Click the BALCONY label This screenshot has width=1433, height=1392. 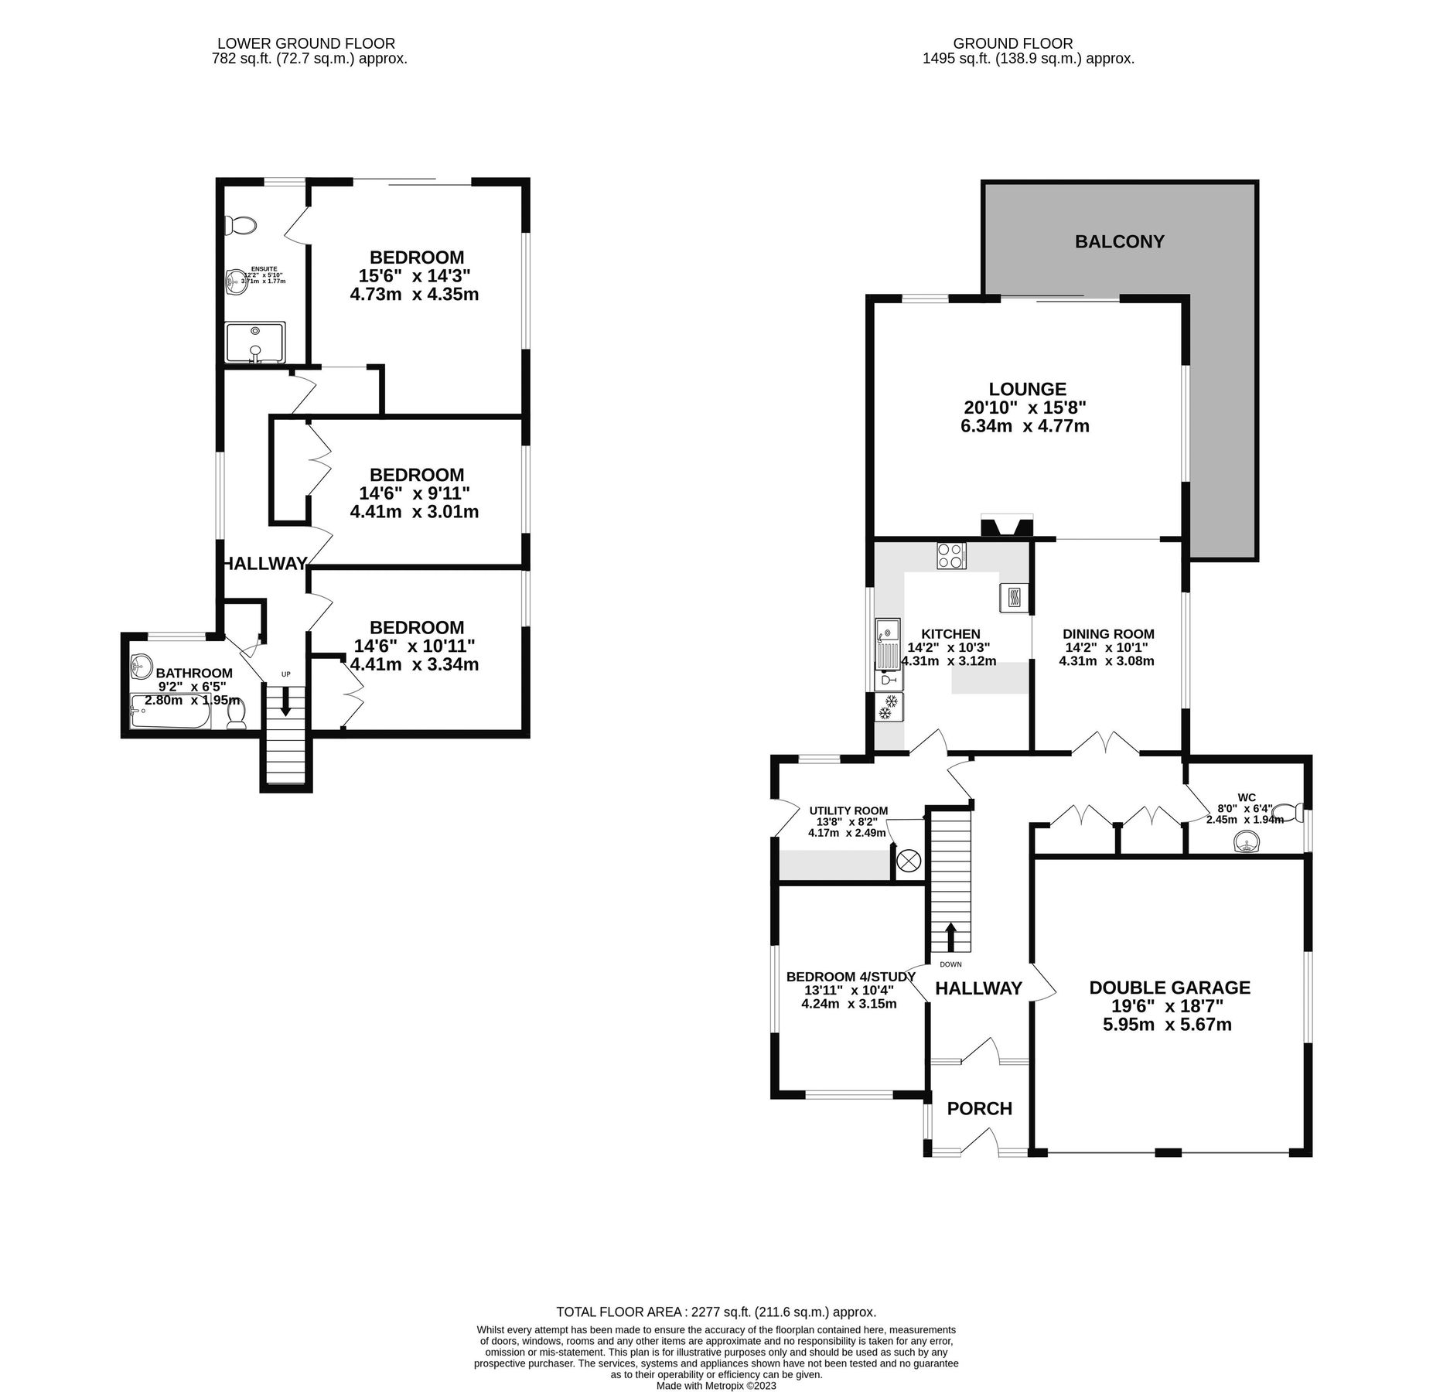pyautogui.click(x=1119, y=241)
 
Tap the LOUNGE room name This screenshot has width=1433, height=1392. pyautogui.click(x=1027, y=389)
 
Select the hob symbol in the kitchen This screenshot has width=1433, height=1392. pyautogui.click(x=950, y=556)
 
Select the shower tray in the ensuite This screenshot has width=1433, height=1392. pyautogui.click(x=255, y=341)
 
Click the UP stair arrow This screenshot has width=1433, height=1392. pyautogui.click(x=286, y=701)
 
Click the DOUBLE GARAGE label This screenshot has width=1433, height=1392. pyautogui.click(x=1169, y=988)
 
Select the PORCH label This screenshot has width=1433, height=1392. pyautogui.click(x=979, y=1108)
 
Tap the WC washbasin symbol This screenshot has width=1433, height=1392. pyautogui.click(x=1245, y=841)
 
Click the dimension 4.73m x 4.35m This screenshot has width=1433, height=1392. pyautogui.click(x=414, y=295)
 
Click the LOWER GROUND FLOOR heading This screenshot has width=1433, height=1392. pyautogui.click(x=305, y=44)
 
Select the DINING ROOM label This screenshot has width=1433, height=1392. pyautogui.click(x=1107, y=633)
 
